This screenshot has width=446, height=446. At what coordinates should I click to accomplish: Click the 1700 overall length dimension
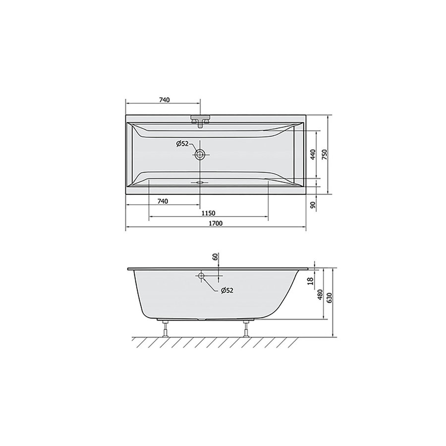[x=215, y=224]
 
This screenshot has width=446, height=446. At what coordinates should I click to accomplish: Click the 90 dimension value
[x=313, y=205]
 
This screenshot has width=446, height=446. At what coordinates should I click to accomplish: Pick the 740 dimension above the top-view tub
[x=165, y=100]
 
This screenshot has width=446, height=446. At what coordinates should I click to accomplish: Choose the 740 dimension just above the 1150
[x=163, y=201]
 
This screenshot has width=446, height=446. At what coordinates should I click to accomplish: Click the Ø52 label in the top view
[x=182, y=144]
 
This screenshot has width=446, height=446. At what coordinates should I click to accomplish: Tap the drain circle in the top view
[x=200, y=155]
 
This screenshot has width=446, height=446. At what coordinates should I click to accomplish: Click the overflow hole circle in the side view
[x=201, y=275]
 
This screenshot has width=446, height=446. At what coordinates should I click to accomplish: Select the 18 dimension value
[x=310, y=281]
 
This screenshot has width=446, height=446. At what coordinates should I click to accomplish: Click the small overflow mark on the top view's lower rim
[x=200, y=181]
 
